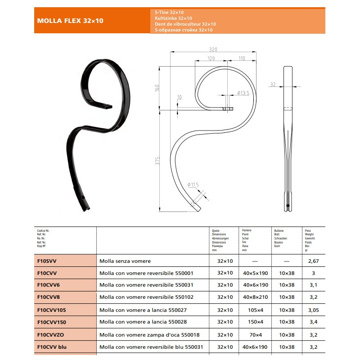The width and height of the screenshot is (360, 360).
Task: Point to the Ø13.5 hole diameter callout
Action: (243, 93)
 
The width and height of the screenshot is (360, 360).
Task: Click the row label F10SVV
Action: (47, 261)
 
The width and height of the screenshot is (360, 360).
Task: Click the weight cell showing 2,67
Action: (313, 261)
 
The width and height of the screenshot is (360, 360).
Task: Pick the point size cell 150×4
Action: (255, 322)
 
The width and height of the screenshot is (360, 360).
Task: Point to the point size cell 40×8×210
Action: (255, 297)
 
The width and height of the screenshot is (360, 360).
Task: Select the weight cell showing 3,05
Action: (313, 310)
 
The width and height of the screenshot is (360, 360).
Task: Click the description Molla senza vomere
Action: (125, 261)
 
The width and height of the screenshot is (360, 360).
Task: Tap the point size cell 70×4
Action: (255, 334)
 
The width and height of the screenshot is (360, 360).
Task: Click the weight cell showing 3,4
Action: (313, 322)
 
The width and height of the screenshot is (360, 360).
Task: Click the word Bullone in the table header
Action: (279, 231)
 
